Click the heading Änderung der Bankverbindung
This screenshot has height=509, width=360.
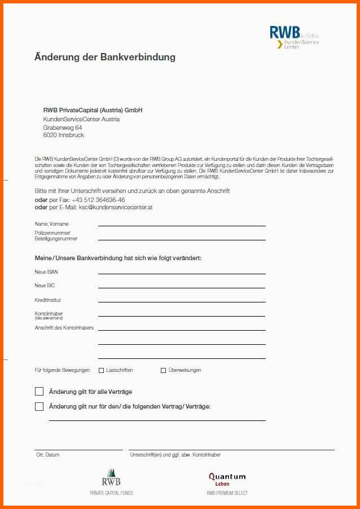click(x=105, y=57)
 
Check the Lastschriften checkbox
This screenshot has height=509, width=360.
click(x=102, y=371)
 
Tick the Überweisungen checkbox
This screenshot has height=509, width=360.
click(x=164, y=371)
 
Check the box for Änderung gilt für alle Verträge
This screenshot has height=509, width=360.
click(x=39, y=392)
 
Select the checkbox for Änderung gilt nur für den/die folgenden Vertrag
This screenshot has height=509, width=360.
click(x=39, y=406)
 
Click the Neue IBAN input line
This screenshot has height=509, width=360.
click(x=182, y=273)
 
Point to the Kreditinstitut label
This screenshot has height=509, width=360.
click(x=48, y=300)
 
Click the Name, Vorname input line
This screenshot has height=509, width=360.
click(x=182, y=225)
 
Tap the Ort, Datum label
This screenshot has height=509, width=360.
click(x=47, y=455)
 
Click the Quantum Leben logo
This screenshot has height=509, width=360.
click(x=227, y=479)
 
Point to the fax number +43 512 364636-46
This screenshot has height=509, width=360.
click(x=98, y=200)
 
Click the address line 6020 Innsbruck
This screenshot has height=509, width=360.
click(x=63, y=135)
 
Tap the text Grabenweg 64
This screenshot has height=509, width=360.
click(x=62, y=128)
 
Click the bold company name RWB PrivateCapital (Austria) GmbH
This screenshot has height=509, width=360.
click(x=93, y=110)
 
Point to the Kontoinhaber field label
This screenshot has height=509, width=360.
click(x=49, y=314)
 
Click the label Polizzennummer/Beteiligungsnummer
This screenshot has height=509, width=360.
click(x=56, y=236)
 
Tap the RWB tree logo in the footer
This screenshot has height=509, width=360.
click(x=111, y=478)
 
